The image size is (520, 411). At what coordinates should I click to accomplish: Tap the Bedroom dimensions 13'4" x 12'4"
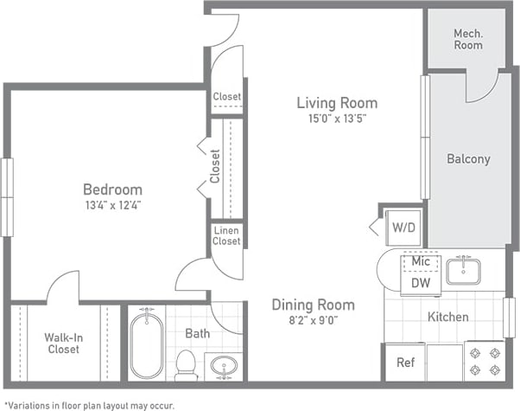[111, 206]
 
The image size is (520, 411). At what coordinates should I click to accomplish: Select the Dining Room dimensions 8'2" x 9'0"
[313, 319]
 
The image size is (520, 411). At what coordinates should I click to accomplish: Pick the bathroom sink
[225, 366]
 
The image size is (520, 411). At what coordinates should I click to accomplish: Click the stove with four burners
[485, 361]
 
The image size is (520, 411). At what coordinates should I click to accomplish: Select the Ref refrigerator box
[405, 363]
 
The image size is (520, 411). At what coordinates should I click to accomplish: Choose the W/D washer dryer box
[403, 228]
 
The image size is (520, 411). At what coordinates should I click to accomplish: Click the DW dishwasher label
[421, 282]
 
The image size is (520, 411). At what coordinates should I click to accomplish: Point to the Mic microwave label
[421, 260]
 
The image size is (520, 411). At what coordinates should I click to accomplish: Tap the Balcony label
[468, 159]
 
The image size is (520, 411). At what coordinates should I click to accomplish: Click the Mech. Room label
[468, 39]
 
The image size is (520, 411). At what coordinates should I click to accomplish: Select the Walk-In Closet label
[63, 343]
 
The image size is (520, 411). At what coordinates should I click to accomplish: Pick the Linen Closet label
[226, 235]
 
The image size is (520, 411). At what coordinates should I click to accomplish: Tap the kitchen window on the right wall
[509, 317]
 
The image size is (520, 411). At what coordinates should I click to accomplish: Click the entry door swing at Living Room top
[222, 30]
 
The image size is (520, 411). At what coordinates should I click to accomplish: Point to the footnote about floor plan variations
[90, 404]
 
